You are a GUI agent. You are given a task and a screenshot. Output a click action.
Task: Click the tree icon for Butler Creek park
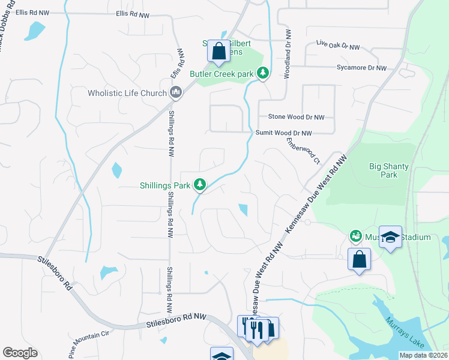(262, 73)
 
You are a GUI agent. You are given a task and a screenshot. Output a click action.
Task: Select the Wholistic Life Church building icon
(176, 92)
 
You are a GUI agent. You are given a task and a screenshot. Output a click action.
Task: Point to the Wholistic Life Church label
(127, 93)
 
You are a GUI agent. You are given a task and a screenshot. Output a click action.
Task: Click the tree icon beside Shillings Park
(200, 185)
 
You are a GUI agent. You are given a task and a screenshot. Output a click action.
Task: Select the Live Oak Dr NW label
(337, 46)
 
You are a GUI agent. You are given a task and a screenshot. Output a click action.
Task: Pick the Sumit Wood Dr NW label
(284, 133)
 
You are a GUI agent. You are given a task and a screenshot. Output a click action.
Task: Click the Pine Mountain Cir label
(90, 343)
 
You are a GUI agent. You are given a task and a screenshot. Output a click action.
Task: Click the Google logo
(20, 353)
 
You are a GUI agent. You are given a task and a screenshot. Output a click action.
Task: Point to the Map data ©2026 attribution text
(423, 355)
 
